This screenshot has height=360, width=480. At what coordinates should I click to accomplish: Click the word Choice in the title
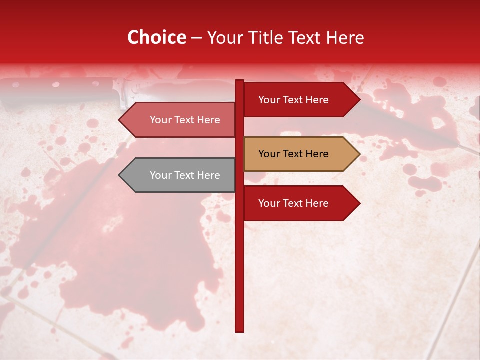pos(156,38)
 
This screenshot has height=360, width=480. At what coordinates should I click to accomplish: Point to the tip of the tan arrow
pos(359,154)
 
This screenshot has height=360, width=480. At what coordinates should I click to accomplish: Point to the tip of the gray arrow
pos(119,175)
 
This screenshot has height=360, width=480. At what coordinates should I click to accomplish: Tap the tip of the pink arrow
pos(119,120)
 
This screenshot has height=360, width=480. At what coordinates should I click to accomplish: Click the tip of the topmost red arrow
pos(359,100)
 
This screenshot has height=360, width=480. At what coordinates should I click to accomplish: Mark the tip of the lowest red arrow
pos(359,203)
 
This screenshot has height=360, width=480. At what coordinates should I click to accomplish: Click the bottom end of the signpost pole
pos(239,330)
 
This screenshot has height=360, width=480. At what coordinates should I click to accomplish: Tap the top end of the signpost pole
pos(239,81)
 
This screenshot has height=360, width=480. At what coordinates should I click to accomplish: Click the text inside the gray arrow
pos(185,175)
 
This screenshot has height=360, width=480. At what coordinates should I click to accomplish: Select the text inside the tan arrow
pos(293,154)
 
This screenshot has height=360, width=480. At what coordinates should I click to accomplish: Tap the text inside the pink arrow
pos(185,120)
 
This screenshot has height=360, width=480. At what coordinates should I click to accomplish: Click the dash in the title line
pos(196,38)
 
